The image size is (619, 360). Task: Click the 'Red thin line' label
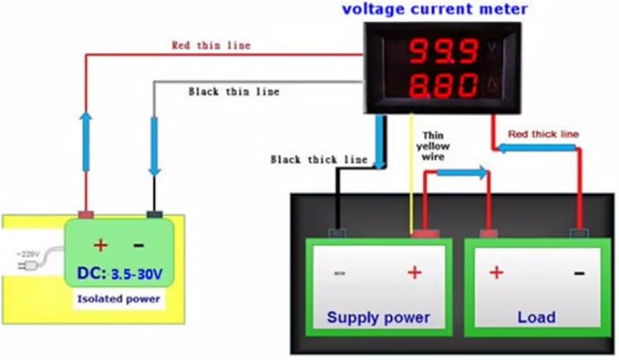tap(211, 45)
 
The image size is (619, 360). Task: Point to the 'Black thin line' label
tap(233, 91)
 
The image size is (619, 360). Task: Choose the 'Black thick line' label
tap(319, 159)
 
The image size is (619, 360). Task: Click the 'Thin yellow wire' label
tap(433, 144)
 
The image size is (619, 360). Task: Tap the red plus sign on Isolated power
tap(100, 245)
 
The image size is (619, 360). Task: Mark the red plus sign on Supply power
tap(413, 272)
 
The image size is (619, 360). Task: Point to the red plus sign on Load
tap(496, 272)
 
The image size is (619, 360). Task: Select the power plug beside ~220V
tap(29, 263)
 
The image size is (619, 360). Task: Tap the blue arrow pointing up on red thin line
tap(88, 131)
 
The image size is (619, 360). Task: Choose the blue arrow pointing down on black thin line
tap(154, 146)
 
